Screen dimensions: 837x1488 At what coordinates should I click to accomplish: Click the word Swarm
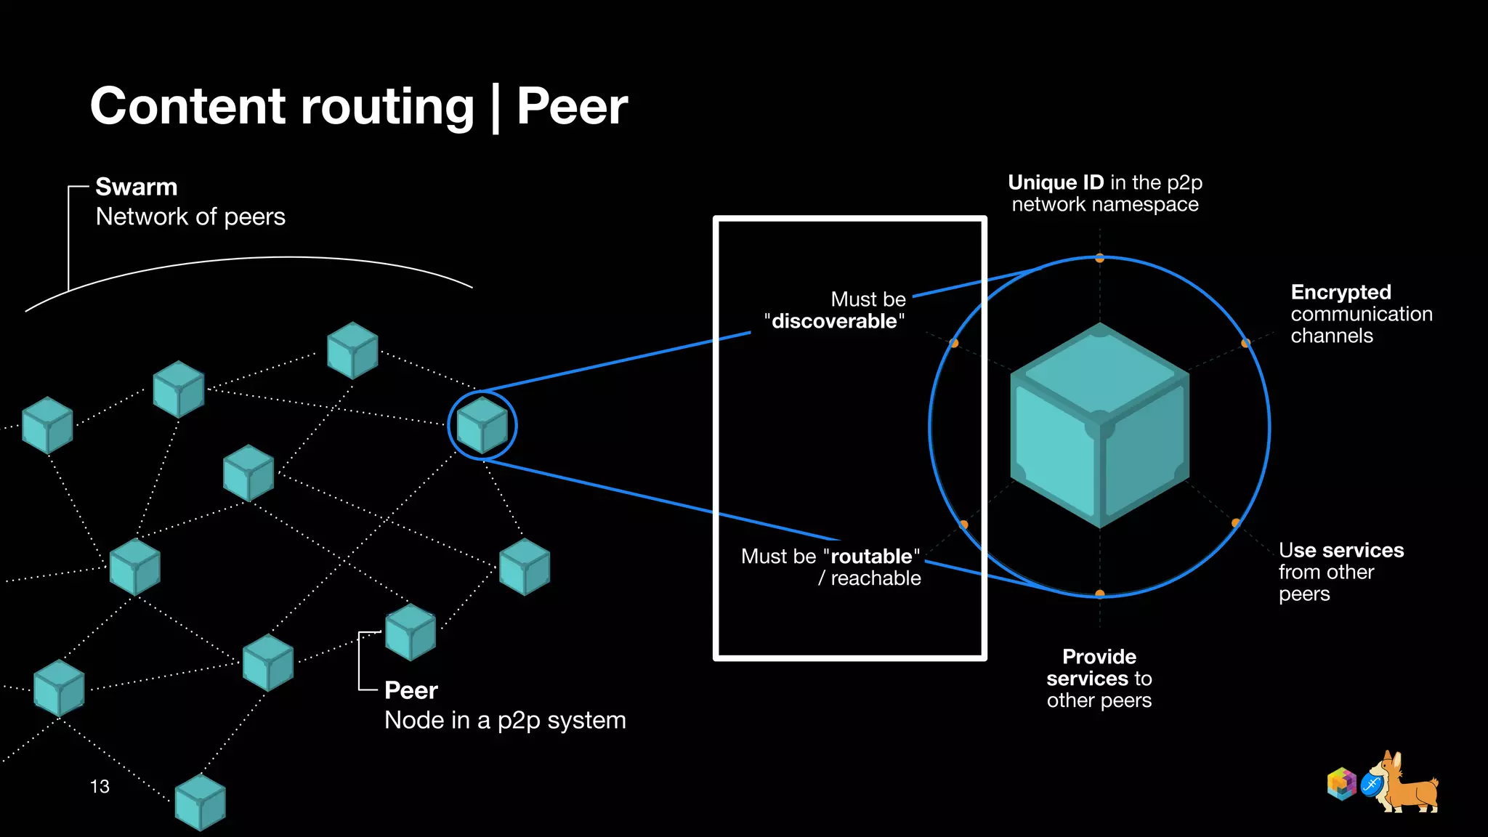pos(137,187)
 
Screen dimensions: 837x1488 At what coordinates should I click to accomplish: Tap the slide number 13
pos(100,786)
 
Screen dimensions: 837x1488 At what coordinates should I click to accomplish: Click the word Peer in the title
pos(572,107)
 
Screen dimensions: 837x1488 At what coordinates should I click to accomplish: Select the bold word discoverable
pos(834,321)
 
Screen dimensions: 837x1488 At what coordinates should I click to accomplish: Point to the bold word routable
pos(871,557)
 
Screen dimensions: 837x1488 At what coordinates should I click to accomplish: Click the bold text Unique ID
pos(1056,182)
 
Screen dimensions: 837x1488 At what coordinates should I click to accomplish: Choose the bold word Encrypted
pos(1341,292)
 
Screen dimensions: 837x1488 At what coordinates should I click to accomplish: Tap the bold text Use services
pos(1341,550)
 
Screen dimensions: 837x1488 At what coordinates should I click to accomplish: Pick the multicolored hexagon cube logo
pos(1341,784)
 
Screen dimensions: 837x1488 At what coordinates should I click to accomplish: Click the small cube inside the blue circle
pos(482,425)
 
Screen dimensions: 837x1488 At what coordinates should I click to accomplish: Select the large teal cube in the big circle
pos(1099,426)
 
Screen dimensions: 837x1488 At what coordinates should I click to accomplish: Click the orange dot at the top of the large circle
pos(1100,258)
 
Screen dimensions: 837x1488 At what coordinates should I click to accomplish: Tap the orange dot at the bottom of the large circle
pos(1100,594)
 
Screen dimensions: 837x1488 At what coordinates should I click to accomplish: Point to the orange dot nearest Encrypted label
pos(1245,343)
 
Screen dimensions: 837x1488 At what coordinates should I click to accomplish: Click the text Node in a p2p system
pos(505,720)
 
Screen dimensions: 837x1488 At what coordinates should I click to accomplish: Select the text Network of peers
pos(190,217)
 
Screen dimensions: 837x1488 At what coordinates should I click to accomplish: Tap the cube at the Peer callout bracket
pos(411,632)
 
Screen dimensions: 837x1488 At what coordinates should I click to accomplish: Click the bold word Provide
pos(1099,657)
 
